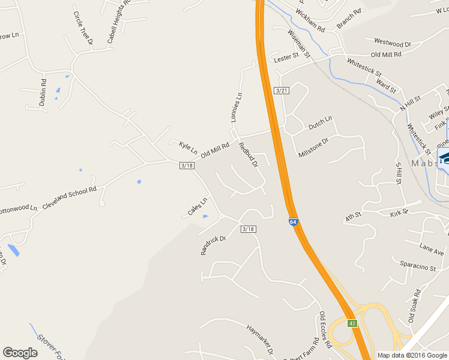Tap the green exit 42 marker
point(352,323)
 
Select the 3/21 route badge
point(281,90)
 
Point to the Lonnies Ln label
point(237,107)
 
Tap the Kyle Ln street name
point(188,147)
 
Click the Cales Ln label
point(197,207)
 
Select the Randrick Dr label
point(212,245)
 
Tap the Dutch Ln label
point(320,124)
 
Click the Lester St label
point(286,57)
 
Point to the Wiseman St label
point(298,44)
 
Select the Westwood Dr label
point(392,43)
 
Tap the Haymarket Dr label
point(260,338)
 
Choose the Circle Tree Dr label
point(83,28)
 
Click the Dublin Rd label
point(43,93)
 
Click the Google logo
point(20,353)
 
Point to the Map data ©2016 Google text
point(411,355)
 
